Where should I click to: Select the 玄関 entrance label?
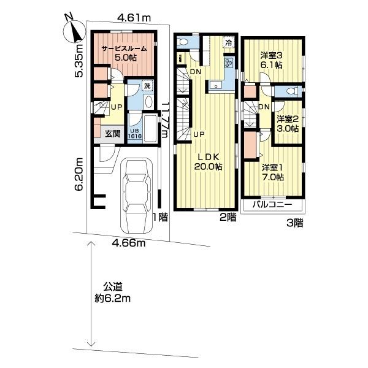tap(111, 133)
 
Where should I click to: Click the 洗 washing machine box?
tap(147, 86)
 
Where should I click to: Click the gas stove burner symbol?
tap(229, 64)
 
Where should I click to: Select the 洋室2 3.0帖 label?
tap(286, 124)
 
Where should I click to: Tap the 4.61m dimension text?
tap(135, 18)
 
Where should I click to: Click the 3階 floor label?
tap(294, 224)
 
